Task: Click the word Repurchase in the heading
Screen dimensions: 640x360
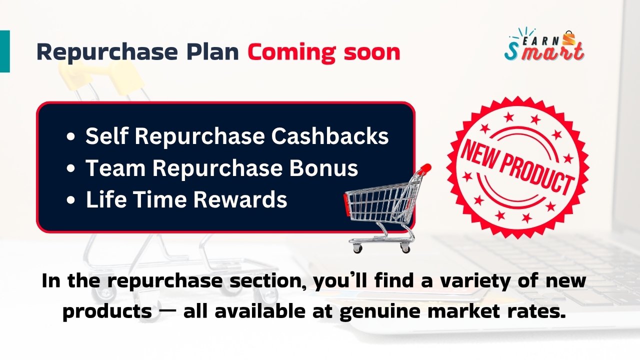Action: pyautogui.click(x=107, y=52)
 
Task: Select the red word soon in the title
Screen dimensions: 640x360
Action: pyautogui.click(x=372, y=53)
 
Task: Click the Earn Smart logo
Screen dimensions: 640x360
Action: pyautogui.click(x=544, y=44)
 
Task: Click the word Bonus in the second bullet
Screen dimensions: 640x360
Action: pyautogui.click(x=323, y=168)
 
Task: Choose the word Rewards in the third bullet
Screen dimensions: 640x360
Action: pyautogui.click(x=240, y=199)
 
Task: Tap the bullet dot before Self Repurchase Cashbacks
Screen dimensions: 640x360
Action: pyautogui.click(x=70, y=136)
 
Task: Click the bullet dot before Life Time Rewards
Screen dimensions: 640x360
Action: pyautogui.click(x=70, y=200)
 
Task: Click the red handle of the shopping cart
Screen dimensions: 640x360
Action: pyautogui.click(x=425, y=168)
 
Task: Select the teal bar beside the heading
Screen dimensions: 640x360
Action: pyautogui.click(x=5, y=51)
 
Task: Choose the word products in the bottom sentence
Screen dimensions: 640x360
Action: pyautogui.click(x=107, y=312)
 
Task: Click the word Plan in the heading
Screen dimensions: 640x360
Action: pyautogui.click(x=212, y=52)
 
